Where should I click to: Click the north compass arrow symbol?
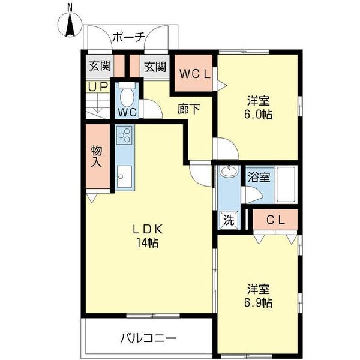pos(70,23)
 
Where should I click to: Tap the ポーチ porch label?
pos(129,37)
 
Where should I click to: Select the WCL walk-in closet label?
pos(194,74)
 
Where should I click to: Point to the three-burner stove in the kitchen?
pos(125,136)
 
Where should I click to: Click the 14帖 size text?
pos(148,243)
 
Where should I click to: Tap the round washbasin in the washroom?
pos(229,172)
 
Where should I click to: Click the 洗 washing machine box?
pos(228,220)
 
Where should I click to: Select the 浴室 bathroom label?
pos(259,177)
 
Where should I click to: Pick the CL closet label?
pos(275,220)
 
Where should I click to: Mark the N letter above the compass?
pos(70,7)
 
